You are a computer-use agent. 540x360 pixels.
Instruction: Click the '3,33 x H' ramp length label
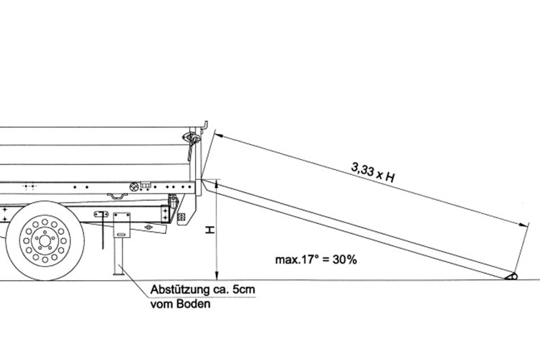click(373, 172)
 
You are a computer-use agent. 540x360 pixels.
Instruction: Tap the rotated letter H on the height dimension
click(210, 230)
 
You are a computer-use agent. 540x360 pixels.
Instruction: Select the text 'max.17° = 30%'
click(316, 259)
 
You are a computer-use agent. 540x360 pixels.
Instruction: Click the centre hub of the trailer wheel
click(45, 240)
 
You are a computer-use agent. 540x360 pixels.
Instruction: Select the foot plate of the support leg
click(119, 274)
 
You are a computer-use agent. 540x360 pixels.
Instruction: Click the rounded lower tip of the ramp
click(512, 276)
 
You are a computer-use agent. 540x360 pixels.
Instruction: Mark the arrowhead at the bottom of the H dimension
click(217, 276)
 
